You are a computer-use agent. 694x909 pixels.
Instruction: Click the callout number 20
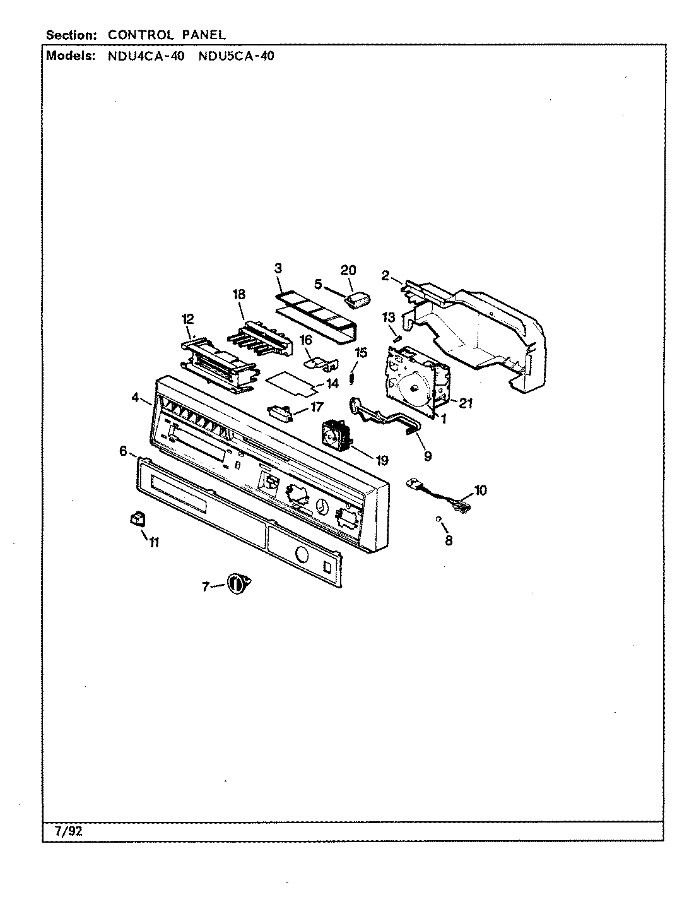[x=348, y=271]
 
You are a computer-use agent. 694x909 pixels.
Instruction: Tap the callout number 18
[x=238, y=295]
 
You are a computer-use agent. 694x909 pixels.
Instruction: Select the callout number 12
[x=188, y=319]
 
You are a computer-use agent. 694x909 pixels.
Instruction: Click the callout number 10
[x=480, y=490]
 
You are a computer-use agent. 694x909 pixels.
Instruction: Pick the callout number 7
[x=206, y=587]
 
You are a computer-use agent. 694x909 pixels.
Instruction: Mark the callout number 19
[x=382, y=460]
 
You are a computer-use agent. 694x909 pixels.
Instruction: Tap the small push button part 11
[x=136, y=519]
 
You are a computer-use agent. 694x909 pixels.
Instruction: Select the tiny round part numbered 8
[x=438, y=519]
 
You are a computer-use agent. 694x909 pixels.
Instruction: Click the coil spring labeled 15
[x=353, y=378]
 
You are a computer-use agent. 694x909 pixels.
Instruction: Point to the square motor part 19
[x=336, y=436]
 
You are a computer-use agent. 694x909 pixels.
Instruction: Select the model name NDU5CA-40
[x=237, y=56]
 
